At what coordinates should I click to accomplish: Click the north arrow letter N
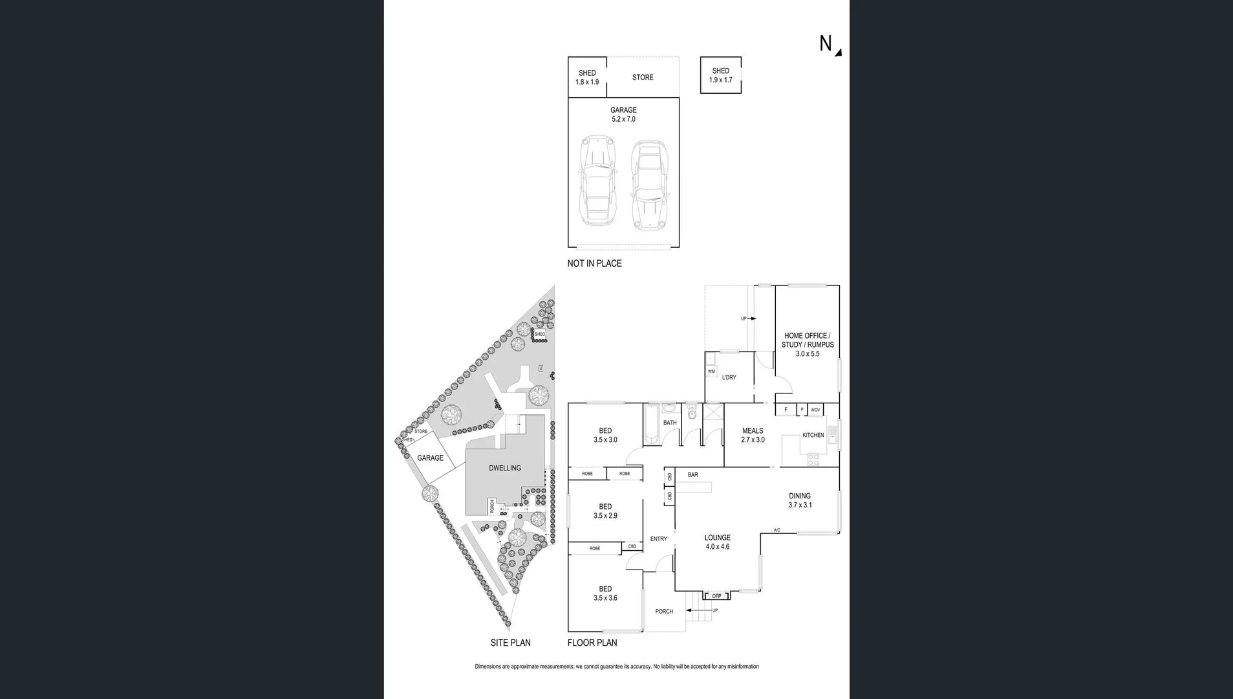pyautogui.click(x=826, y=43)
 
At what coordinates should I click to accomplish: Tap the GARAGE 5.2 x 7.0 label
pyautogui.click(x=623, y=115)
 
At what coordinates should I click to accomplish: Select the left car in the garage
pyautogui.click(x=597, y=181)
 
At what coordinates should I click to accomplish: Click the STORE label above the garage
pyautogui.click(x=643, y=78)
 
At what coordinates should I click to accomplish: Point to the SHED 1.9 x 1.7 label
pyautogui.click(x=720, y=76)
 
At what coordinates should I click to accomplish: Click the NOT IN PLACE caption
pyautogui.click(x=594, y=263)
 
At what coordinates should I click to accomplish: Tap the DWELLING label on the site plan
pyautogui.click(x=504, y=468)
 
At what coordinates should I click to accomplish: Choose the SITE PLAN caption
pyautogui.click(x=510, y=643)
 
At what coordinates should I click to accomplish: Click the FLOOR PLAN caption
pyautogui.click(x=592, y=643)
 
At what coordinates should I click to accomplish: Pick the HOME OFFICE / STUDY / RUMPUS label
pyautogui.click(x=808, y=344)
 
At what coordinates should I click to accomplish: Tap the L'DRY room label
pyautogui.click(x=729, y=377)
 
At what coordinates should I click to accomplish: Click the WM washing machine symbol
pyautogui.click(x=711, y=372)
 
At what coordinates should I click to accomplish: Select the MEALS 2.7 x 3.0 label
pyautogui.click(x=753, y=435)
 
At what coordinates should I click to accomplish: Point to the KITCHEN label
pyautogui.click(x=813, y=435)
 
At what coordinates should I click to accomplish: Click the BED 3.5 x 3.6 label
pyautogui.click(x=605, y=594)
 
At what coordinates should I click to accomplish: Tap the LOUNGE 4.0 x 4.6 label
pyautogui.click(x=717, y=542)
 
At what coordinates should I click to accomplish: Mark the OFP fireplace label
pyautogui.click(x=716, y=596)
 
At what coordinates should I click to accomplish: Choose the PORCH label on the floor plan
pyautogui.click(x=664, y=612)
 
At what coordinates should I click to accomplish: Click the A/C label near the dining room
pyautogui.click(x=777, y=530)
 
